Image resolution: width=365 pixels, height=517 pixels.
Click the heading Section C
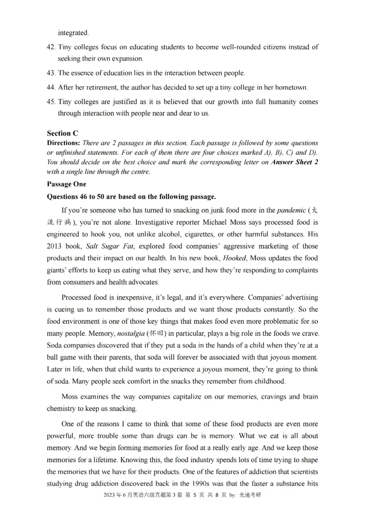pyautogui.click(x=63, y=133)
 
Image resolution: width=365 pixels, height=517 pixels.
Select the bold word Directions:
pyautogui.click(x=63, y=143)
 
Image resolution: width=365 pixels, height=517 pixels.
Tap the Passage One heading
pyautogui.click(x=66, y=184)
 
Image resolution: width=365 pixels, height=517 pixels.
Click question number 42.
pyautogui.click(x=51, y=47)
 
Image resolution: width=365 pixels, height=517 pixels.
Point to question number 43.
pyautogui.click(x=51, y=73)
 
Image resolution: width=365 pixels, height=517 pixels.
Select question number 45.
pyautogui.click(x=51, y=101)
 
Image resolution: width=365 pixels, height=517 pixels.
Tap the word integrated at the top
pyautogui.click(x=73, y=33)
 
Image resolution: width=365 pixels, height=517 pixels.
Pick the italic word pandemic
pyautogui.click(x=292, y=211)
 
